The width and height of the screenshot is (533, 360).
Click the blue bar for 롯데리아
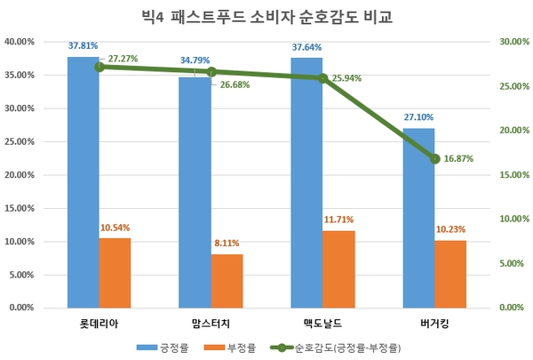[x=84, y=182]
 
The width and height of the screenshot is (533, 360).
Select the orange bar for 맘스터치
[x=227, y=281]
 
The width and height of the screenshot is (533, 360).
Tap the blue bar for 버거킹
[x=419, y=218]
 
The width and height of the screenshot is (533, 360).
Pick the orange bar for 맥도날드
[x=338, y=269]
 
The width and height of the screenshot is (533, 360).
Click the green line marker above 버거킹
[x=435, y=158]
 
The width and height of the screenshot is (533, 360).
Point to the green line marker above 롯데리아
[x=99, y=67]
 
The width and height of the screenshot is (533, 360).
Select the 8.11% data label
[x=226, y=244]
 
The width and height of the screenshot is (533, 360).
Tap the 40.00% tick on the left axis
[x=20, y=42]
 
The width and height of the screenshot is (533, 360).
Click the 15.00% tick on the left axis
[x=20, y=208]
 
